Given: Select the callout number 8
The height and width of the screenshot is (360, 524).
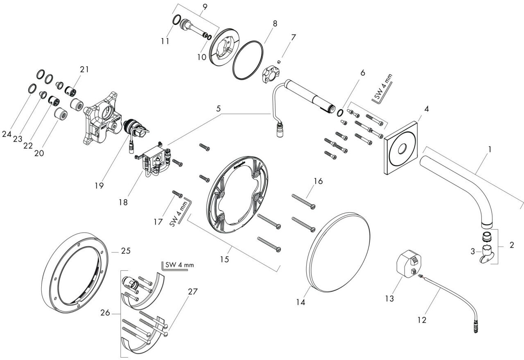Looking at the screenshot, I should [x=275, y=23].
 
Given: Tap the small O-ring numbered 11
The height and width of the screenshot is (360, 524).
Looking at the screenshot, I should [x=176, y=20].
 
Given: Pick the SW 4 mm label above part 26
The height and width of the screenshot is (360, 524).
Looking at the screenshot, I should [x=178, y=265].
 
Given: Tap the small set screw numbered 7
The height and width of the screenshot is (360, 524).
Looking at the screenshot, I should [x=278, y=62].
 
